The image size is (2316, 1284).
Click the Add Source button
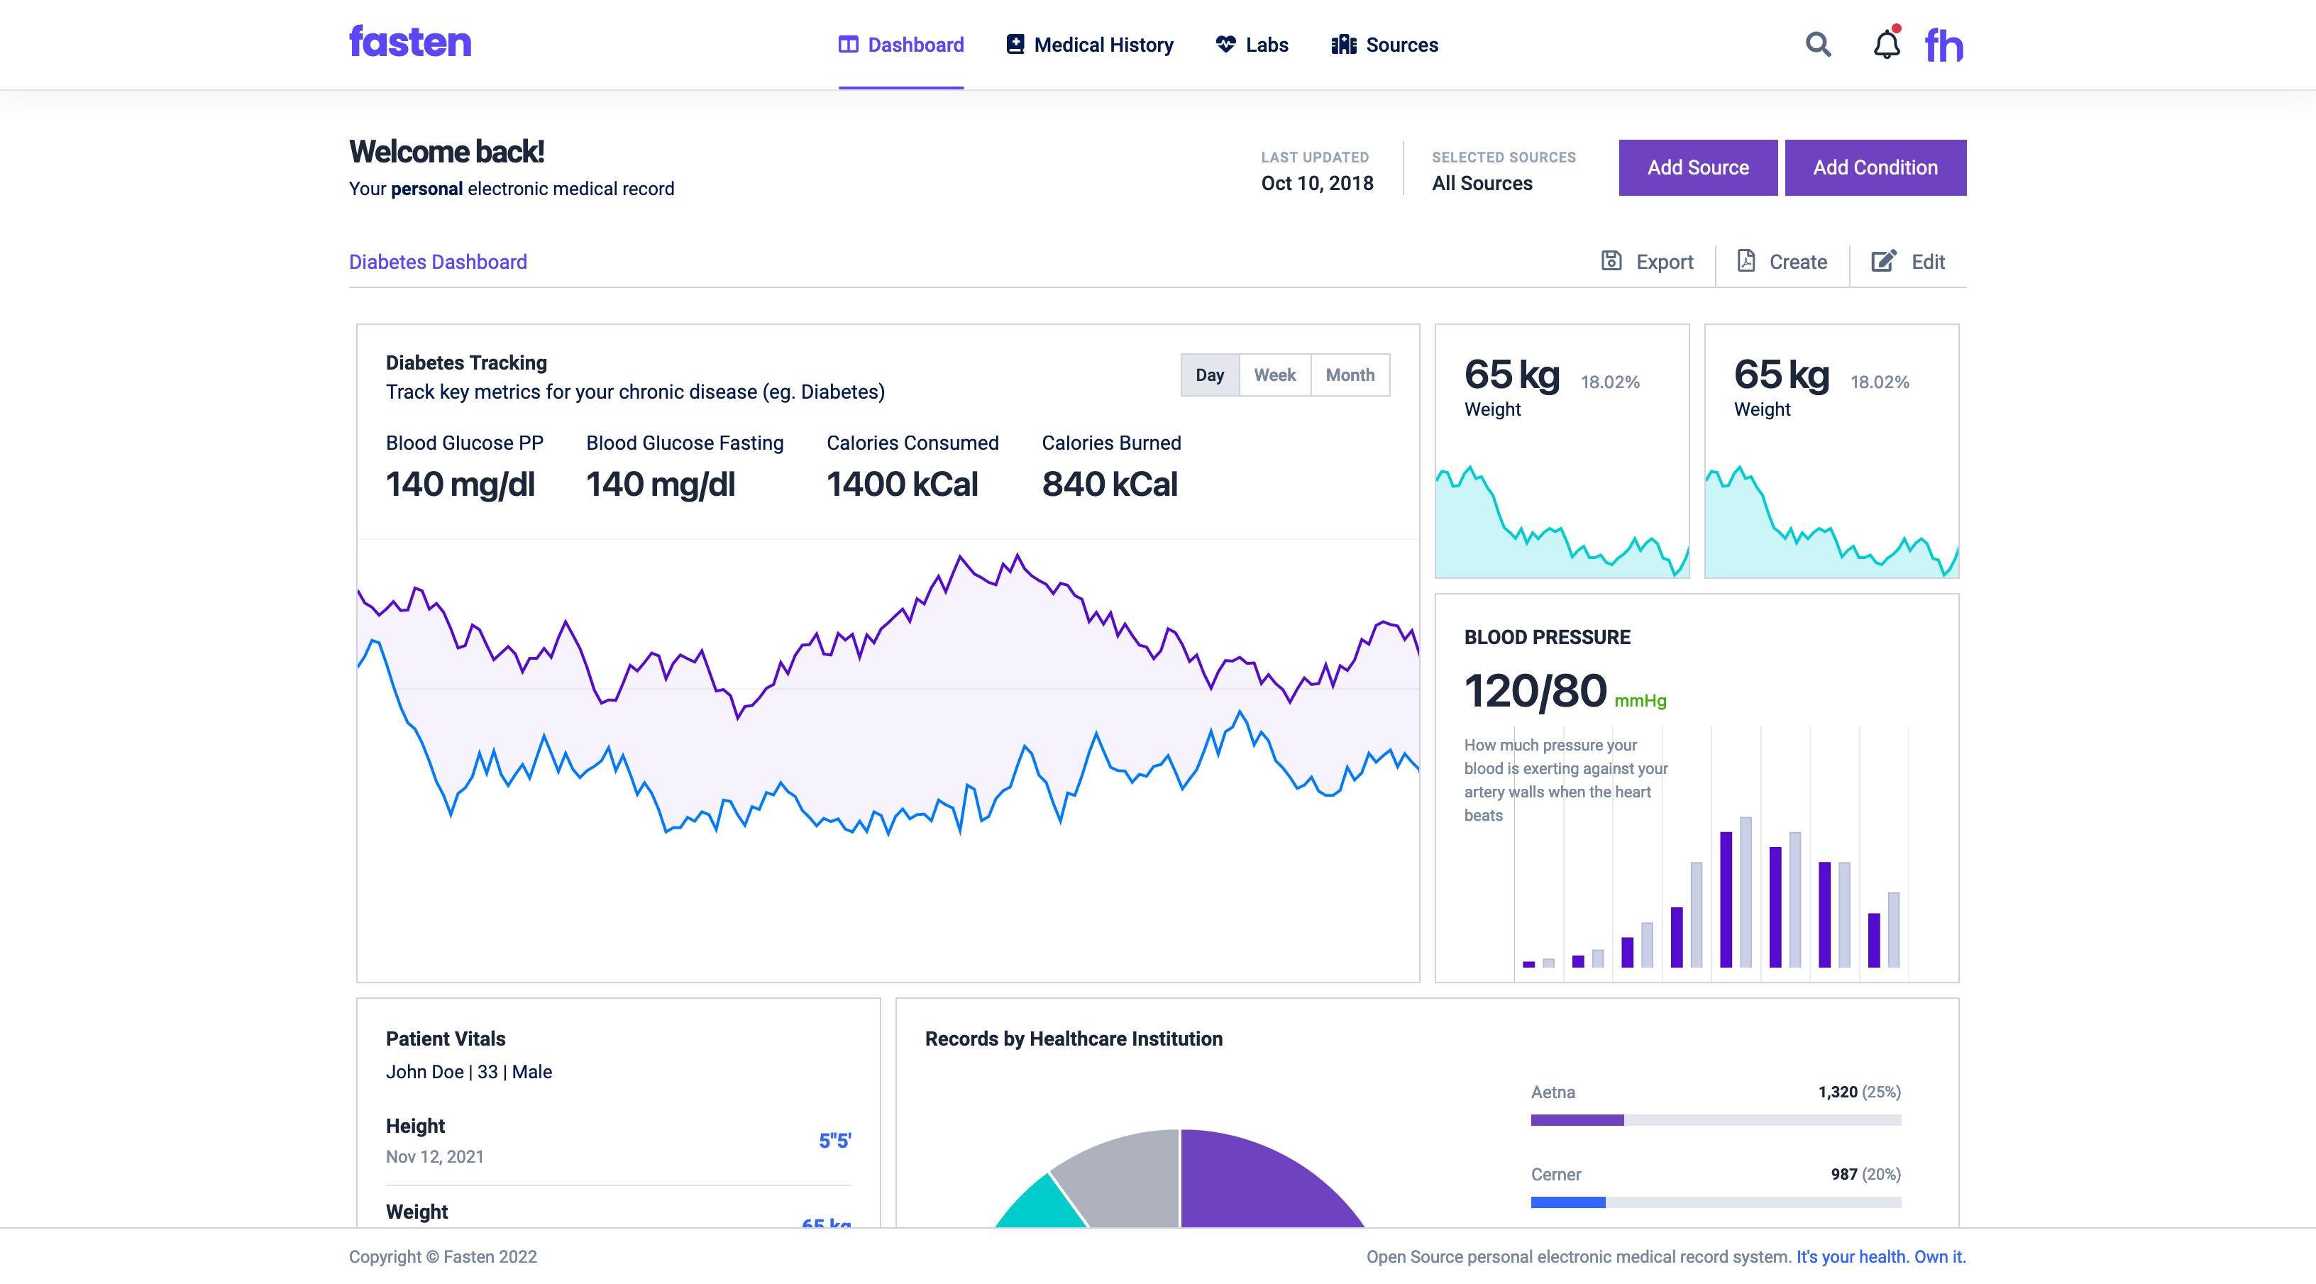(1697, 167)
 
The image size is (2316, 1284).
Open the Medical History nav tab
(1090, 45)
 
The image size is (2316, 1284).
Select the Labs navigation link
(1252, 45)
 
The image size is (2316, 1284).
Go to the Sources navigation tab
(1384, 45)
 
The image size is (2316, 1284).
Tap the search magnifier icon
(1818, 44)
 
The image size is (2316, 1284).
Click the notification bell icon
(1886, 44)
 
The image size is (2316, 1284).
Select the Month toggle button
(1350, 375)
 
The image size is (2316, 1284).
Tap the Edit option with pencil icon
(1908, 262)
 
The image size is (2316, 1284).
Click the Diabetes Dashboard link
(438, 262)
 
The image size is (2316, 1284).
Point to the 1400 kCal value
(902, 485)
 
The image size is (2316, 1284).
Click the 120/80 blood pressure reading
(1535, 692)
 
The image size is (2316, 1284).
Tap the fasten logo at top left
(410, 43)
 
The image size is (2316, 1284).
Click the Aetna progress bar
(1716, 1120)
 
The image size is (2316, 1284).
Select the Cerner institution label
(1555, 1174)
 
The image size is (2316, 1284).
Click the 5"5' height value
(834, 1140)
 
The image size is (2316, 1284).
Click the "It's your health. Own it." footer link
(1881, 1257)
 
